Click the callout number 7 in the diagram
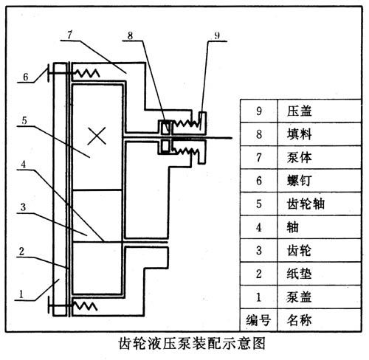68,35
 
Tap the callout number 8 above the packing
130,35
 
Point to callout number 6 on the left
25,76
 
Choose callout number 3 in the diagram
25,209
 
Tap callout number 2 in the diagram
25,251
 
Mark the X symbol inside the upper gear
94,135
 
